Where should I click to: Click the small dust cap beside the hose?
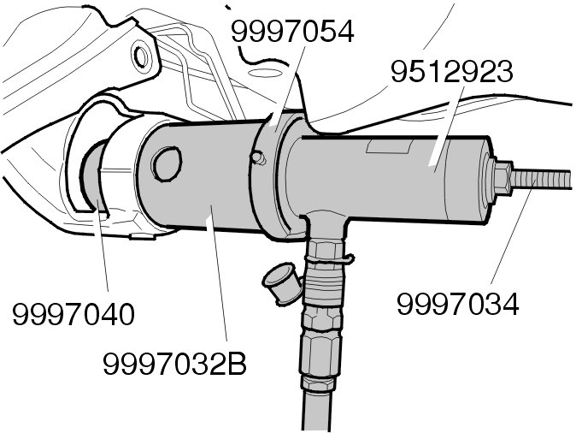(280, 280)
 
